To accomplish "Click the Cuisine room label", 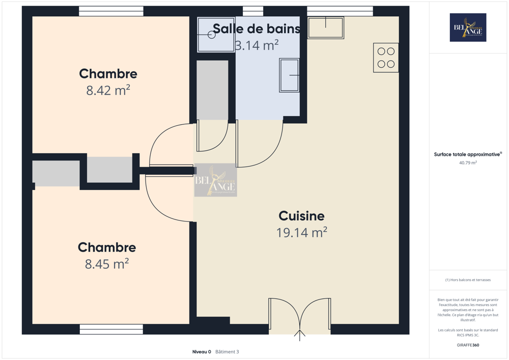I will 301,216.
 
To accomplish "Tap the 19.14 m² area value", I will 301,233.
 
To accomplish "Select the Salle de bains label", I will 256,29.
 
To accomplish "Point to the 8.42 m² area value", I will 108,91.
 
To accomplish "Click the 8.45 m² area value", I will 106,264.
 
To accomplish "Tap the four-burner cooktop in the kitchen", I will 386,58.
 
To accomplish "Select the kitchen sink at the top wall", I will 326,27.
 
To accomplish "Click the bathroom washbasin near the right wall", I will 289,75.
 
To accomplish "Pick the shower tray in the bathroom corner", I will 216,35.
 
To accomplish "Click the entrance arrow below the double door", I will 300,336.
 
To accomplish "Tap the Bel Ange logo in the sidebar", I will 468,27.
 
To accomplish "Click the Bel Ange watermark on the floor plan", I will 215,180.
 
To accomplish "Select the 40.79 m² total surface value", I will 468,163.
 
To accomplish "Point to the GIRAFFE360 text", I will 468,345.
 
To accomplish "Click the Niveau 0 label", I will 202,352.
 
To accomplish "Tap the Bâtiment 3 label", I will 227,352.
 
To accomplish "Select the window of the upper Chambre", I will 111,11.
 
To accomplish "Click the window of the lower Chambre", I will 111,329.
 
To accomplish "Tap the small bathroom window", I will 253,11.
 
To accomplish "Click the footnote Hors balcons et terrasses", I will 468,280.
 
